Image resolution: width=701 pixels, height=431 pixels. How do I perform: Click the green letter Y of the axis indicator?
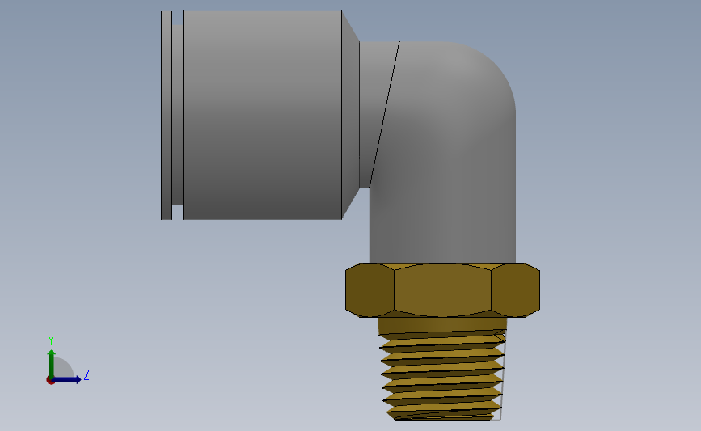point(51,340)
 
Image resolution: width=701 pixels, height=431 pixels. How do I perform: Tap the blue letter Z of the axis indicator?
point(87,374)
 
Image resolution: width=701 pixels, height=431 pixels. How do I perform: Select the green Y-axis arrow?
point(52,364)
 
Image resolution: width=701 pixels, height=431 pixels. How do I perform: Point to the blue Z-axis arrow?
point(66,379)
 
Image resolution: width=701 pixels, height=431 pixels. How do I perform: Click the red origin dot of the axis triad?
point(50,380)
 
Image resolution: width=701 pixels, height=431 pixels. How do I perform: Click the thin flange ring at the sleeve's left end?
point(167,115)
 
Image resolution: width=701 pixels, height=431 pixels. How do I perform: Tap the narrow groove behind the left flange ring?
point(178,115)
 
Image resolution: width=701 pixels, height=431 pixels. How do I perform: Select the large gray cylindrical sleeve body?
point(263,115)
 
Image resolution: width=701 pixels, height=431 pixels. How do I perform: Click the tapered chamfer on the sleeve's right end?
point(351,115)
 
